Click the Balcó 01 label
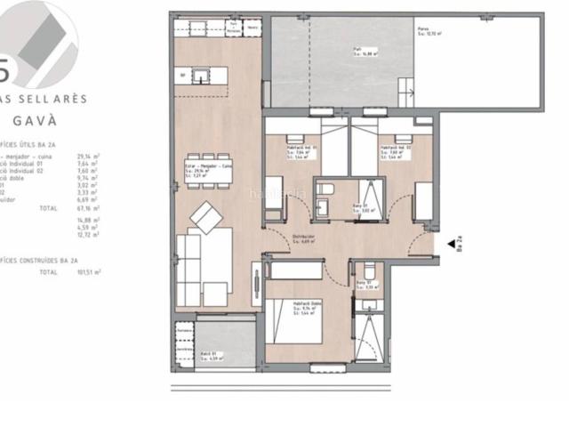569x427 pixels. (210, 356)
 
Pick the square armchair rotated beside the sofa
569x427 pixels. (211, 215)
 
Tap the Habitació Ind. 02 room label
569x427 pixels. (393, 147)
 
